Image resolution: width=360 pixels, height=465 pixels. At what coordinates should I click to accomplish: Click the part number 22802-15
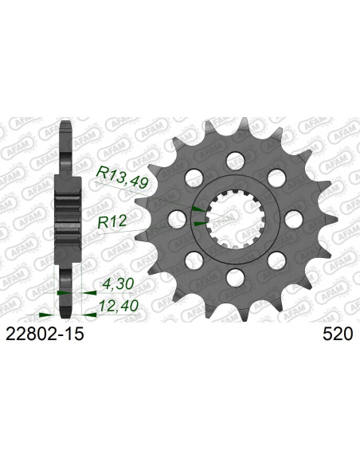click(x=45, y=334)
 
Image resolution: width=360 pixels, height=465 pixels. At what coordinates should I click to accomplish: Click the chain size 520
click(x=338, y=334)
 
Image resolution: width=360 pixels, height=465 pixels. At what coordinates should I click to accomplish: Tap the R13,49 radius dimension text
click(x=123, y=178)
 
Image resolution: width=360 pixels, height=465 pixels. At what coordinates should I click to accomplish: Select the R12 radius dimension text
click(x=112, y=221)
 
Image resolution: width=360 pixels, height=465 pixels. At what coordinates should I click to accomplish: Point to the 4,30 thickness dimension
click(x=117, y=284)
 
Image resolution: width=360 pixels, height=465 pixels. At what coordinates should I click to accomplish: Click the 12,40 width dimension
click(x=119, y=306)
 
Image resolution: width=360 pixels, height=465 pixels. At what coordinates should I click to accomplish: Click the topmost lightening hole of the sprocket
click(x=236, y=161)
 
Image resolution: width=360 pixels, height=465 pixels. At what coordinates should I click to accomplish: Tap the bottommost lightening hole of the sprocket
click(x=236, y=278)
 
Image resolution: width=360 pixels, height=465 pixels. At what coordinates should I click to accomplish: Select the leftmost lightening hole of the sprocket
click(x=177, y=220)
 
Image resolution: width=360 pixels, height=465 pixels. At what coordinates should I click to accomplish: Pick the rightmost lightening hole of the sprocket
click(x=294, y=219)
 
